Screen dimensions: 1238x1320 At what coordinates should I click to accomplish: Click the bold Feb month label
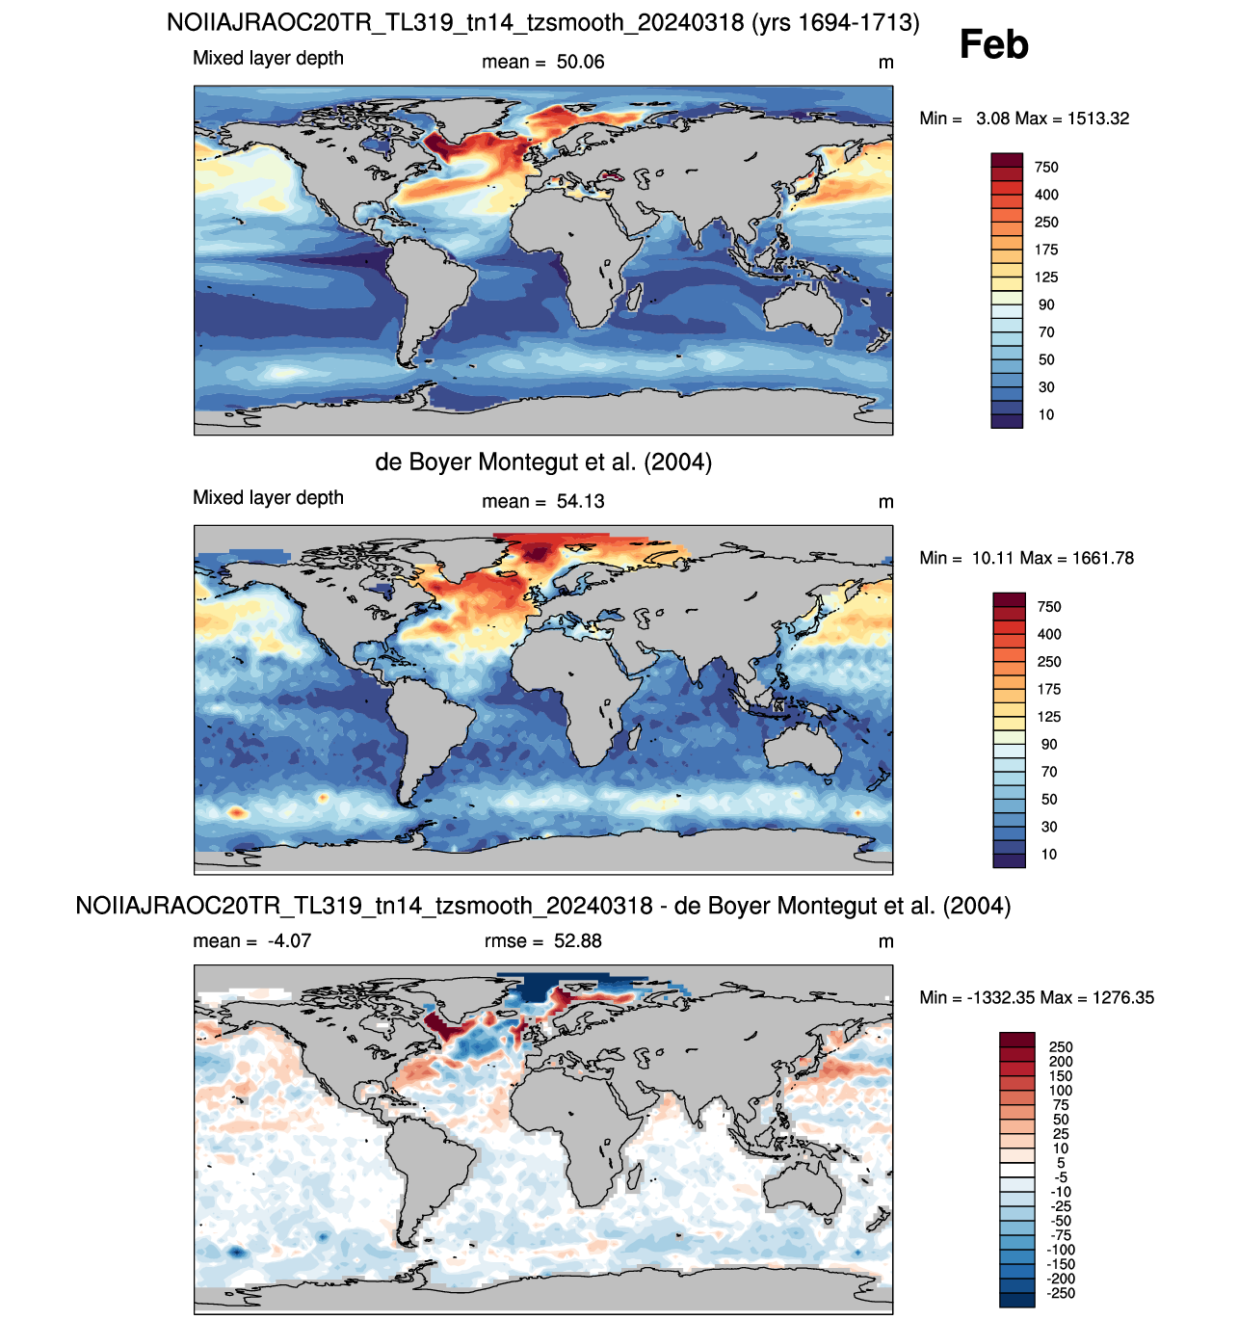coord(993,44)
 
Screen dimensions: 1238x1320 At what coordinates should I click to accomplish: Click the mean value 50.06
coord(580,62)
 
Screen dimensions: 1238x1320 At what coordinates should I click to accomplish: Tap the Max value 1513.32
coord(1097,119)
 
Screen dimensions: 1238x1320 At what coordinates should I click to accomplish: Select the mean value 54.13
coord(580,501)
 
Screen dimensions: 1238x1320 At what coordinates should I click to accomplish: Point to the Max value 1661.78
coord(1102,558)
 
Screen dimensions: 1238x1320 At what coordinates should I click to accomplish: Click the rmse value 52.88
coord(577,941)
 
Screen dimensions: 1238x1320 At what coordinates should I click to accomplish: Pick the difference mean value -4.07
coord(289,941)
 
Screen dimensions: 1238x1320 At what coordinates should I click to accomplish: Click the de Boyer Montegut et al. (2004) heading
coord(543,462)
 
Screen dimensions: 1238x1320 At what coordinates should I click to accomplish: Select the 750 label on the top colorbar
coord(1046,167)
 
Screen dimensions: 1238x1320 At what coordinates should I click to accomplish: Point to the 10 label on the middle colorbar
coord(1048,854)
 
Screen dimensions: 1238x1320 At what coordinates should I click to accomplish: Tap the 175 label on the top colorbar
coord(1046,250)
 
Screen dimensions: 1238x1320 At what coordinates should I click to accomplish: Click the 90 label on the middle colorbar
coord(1048,744)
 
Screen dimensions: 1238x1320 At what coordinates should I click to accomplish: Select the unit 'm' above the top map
coord(885,64)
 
